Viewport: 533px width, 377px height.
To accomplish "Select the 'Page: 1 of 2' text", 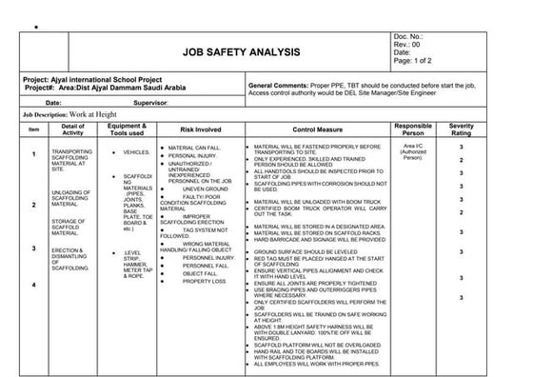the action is (416, 62).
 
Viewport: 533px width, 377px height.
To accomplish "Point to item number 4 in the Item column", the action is (33, 285).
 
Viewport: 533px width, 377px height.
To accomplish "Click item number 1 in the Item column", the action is (33, 153).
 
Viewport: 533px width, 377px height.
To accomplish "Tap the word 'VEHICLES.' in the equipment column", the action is (136, 152).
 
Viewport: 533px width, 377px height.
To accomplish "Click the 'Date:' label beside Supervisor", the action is (52, 101).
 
